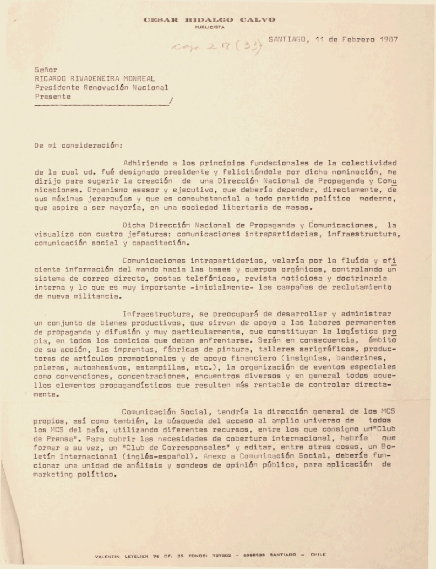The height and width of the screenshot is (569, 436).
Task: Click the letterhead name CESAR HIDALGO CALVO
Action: coord(210,20)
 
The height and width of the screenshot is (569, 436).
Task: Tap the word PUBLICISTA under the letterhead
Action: coord(210,26)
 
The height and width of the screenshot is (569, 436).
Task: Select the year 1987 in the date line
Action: coord(385,39)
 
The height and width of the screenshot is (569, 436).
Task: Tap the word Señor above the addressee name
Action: coord(44,70)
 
